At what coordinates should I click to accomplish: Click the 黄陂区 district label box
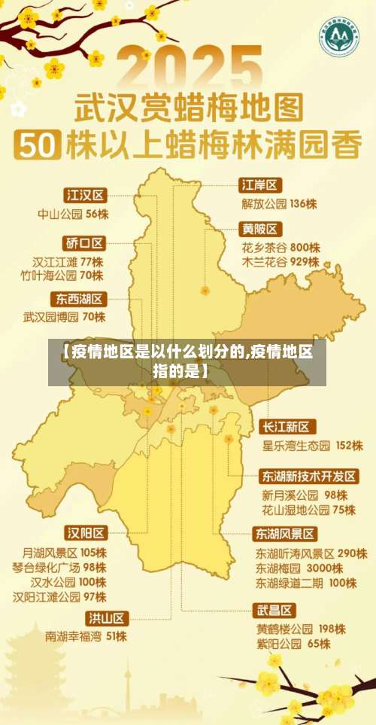click(x=260, y=228)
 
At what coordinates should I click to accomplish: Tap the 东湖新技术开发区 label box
click(x=309, y=477)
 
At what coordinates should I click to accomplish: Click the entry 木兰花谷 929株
click(x=280, y=262)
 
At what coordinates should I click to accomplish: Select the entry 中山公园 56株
click(x=73, y=214)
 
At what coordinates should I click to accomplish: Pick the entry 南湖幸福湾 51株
click(x=86, y=636)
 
